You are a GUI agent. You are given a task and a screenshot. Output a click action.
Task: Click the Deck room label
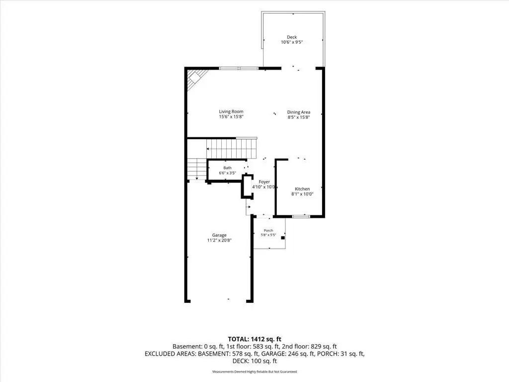tap(291, 37)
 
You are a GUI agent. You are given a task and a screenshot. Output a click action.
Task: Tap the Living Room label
tap(231, 111)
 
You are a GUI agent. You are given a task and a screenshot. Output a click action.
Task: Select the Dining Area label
tap(299, 112)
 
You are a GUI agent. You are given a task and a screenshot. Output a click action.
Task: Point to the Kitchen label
tap(302, 189)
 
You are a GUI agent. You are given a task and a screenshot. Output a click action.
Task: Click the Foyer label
tap(264, 182)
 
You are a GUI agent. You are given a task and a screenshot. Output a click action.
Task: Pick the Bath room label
tap(227, 168)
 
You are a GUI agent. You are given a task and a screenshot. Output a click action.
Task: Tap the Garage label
tap(219, 235)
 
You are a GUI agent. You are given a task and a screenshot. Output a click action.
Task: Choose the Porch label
tap(268, 230)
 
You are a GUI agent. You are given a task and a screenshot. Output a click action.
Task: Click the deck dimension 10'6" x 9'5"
tap(292, 42)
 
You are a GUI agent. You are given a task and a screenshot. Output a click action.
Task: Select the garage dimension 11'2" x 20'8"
tap(219, 240)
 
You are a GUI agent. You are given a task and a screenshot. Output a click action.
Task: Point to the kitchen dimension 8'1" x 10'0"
tap(302, 194)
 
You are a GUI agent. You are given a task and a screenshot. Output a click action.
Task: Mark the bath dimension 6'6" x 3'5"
tap(227, 173)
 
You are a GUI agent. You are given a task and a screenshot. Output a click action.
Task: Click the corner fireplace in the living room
tap(196, 79)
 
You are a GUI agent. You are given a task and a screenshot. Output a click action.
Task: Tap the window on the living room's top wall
tap(239, 68)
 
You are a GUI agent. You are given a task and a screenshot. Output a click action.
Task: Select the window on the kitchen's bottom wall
tap(301, 216)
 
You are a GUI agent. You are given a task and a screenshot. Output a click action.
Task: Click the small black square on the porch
tap(283, 238)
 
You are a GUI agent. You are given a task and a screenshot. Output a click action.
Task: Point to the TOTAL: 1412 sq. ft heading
tap(254, 339)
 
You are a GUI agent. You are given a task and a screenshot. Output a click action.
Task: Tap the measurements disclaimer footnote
tap(254, 372)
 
